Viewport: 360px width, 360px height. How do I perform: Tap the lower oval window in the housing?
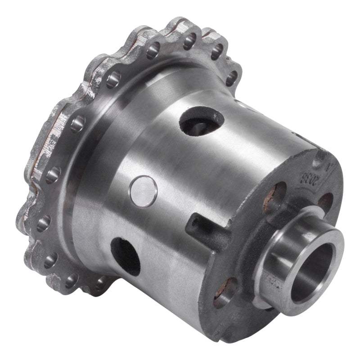(x=126, y=256)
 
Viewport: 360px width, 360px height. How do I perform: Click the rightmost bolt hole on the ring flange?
(x=230, y=78)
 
